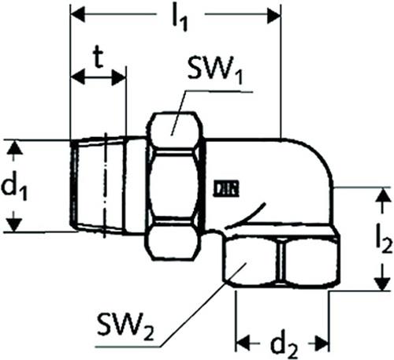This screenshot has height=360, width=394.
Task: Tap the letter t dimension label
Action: coord(98,58)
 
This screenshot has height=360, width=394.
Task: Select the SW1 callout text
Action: coord(215,70)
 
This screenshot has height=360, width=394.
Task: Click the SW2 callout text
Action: coord(125,326)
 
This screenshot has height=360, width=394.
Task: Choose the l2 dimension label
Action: coord(384,239)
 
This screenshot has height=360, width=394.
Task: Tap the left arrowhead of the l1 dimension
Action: coord(78,14)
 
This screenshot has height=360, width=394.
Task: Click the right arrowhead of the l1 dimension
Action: coord(274,15)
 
